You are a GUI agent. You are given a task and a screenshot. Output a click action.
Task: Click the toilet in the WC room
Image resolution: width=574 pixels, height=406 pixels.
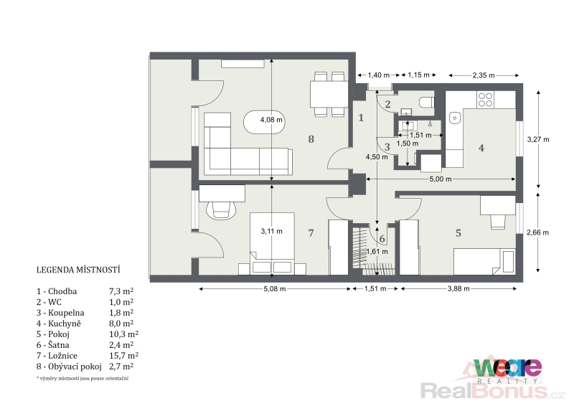pyautogui.click(x=427, y=102)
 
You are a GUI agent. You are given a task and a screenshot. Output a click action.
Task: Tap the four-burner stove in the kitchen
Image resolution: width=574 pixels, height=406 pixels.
pyautogui.click(x=486, y=100)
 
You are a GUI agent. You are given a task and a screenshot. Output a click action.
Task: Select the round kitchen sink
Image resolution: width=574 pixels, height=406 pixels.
pyautogui.click(x=456, y=118)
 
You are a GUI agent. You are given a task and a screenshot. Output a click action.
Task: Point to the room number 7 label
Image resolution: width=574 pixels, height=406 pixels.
pyautogui.click(x=311, y=233)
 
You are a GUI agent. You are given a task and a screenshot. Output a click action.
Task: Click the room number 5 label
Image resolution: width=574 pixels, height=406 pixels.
pyautogui.click(x=458, y=233)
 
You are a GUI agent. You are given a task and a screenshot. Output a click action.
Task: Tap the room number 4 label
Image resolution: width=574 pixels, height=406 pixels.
pyautogui.click(x=481, y=148)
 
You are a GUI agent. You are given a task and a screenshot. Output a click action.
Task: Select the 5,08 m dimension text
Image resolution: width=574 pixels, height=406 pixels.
pyautogui.click(x=275, y=289)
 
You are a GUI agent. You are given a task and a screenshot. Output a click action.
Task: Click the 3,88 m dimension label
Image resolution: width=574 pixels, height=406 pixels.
pyautogui.click(x=458, y=289)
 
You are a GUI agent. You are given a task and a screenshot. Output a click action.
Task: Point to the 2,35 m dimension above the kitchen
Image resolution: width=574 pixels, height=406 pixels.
pyautogui.click(x=483, y=75)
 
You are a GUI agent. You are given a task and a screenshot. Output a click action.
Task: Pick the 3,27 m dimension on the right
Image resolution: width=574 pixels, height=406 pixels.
pyautogui.click(x=538, y=139)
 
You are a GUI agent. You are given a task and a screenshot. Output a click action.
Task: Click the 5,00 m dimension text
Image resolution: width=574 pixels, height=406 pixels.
pyautogui.click(x=441, y=179)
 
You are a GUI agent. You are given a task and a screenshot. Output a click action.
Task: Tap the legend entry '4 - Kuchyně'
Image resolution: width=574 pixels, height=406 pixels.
pyautogui.click(x=59, y=324)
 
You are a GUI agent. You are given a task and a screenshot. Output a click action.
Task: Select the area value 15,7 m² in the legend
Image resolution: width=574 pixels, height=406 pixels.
pyautogui.click(x=123, y=356)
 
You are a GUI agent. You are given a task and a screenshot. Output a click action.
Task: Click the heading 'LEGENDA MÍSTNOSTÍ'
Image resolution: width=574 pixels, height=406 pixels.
pyautogui.click(x=78, y=270)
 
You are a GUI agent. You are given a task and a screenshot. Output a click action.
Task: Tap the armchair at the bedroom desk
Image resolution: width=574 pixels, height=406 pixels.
pyautogui.click(x=221, y=210)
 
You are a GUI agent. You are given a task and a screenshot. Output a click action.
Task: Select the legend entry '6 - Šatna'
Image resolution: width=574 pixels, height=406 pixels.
pyautogui.click(x=52, y=345)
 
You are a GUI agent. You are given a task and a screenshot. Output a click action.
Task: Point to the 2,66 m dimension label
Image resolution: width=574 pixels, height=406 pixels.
pyautogui.click(x=537, y=232)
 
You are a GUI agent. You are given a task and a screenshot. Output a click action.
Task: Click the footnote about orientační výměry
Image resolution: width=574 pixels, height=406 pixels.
pyautogui.click(x=83, y=379)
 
